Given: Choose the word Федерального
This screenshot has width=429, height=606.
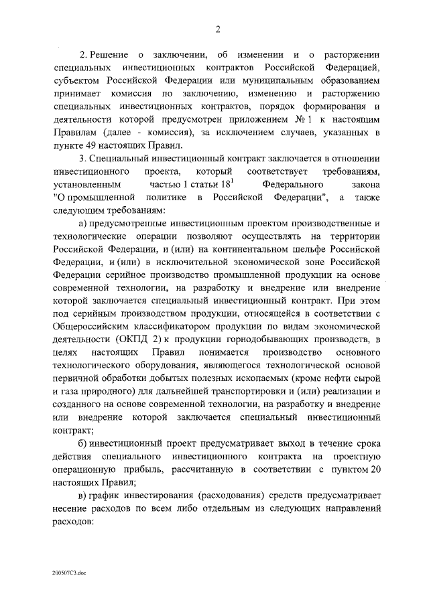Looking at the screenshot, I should click(291, 183).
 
